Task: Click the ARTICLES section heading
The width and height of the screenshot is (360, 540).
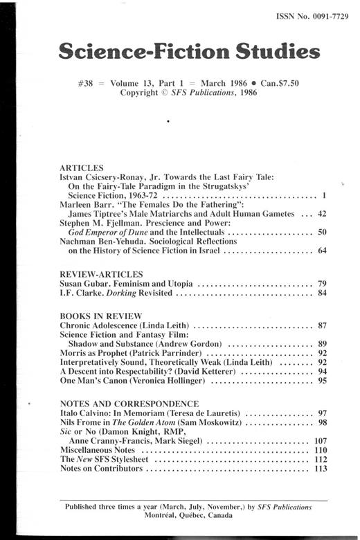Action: pyautogui.click(x=82, y=168)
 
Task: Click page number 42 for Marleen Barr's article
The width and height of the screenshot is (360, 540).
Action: pyautogui.click(x=321, y=215)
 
